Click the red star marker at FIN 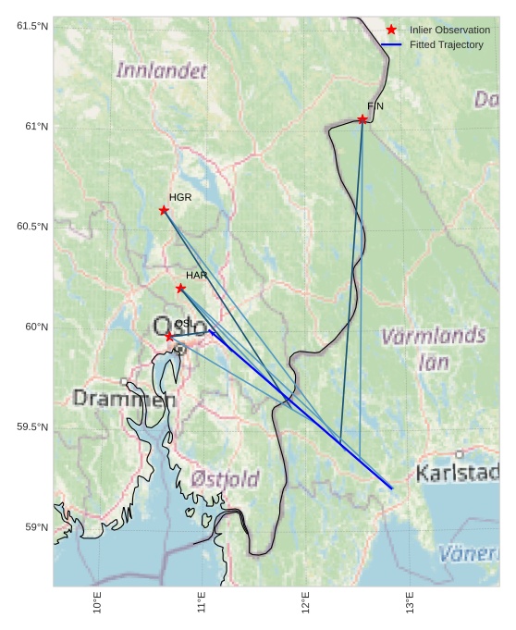[362, 119]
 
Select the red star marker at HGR [164, 210]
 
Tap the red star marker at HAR [180, 288]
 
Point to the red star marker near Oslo [169, 337]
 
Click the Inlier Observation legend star [391, 30]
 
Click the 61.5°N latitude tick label [32, 26]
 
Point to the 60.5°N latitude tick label [32, 227]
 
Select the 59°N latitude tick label [36, 527]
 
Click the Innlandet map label [162, 70]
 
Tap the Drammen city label [123, 400]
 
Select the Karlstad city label [458, 474]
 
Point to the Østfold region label [226, 479]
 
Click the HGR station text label [180, 197]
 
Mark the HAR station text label [196, 275]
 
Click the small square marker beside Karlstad [459, 454]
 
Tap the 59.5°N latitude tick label [32, 426]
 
